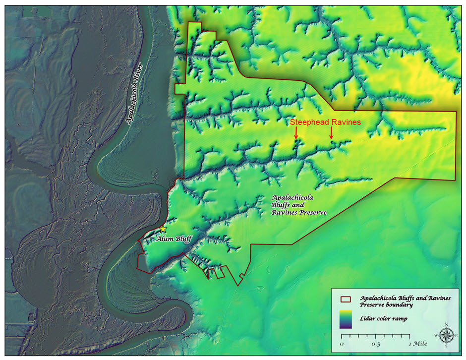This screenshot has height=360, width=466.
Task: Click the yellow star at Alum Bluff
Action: (x=163, y=229)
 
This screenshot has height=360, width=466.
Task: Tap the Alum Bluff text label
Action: (x=173, y=239)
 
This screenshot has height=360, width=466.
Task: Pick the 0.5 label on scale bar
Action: (x=375, y=344)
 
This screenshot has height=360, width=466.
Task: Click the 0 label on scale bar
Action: (x=342, y=344)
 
